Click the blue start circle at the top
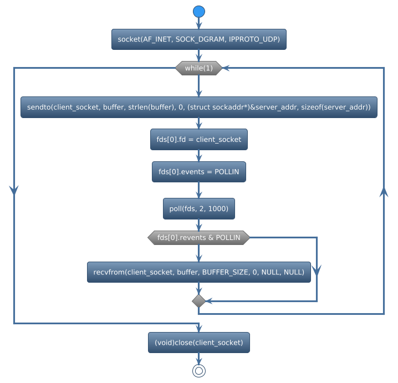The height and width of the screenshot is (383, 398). click(198, 12)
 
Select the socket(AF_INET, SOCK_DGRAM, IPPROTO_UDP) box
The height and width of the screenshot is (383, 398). click(198, 39)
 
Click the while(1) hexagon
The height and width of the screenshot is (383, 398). click(198, 68)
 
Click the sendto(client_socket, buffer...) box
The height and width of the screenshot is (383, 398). click(198, 107)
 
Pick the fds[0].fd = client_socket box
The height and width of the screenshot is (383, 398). click(198, 139)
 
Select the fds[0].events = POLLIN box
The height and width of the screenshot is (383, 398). click(198, 172)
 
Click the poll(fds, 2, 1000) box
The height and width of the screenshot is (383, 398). click(198, 208)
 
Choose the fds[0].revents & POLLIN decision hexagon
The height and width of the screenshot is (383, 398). click(198, 238)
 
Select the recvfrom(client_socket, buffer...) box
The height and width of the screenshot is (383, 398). click(198, 272)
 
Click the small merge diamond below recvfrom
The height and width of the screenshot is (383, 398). click(198, 300)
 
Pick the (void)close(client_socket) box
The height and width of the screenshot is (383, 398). click(198, 343)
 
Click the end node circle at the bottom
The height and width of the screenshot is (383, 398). click(198, 371)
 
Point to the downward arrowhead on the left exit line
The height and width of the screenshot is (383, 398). click(14, 189)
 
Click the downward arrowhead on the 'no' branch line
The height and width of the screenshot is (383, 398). click(317, 270)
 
